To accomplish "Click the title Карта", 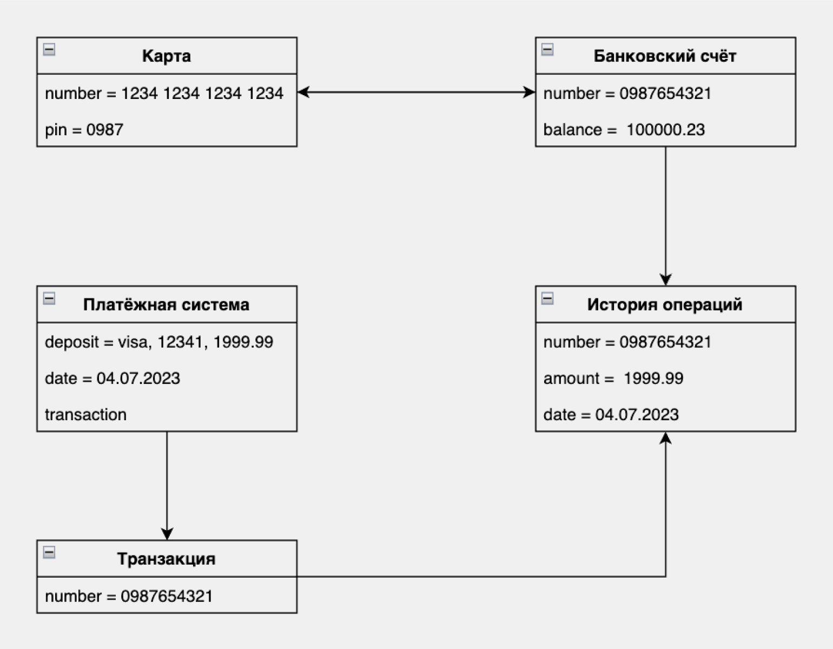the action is (x=167, y=56).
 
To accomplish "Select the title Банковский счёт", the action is (x=665, y=56).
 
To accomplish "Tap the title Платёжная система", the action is (x=166, y=304).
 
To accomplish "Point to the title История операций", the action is (x=665, y=304).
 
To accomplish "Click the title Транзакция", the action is (x=166, y=559).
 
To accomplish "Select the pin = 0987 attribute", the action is (x=84, y=129).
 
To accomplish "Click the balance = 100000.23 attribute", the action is (x=624, y=129).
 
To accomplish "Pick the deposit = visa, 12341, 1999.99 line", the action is (x=159, y=342).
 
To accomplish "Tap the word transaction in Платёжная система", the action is (x=85, y=414).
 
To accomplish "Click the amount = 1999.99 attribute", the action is (x=613, y=378).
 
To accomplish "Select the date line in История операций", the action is (x=611, y=414).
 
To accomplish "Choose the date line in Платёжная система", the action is (x=113, y=378).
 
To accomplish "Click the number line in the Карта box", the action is (x=164, y=93).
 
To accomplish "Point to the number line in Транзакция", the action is (x=129, y=596).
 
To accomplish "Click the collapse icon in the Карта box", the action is (x=49, y=49).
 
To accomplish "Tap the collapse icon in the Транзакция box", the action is (x=49, y=552).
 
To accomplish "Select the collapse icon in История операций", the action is (x=547, y=299).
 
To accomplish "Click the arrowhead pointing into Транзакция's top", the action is (x=167, y=534).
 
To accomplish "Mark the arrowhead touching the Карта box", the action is (x=303, y=92).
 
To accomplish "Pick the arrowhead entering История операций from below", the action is (x=665, y=438).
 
